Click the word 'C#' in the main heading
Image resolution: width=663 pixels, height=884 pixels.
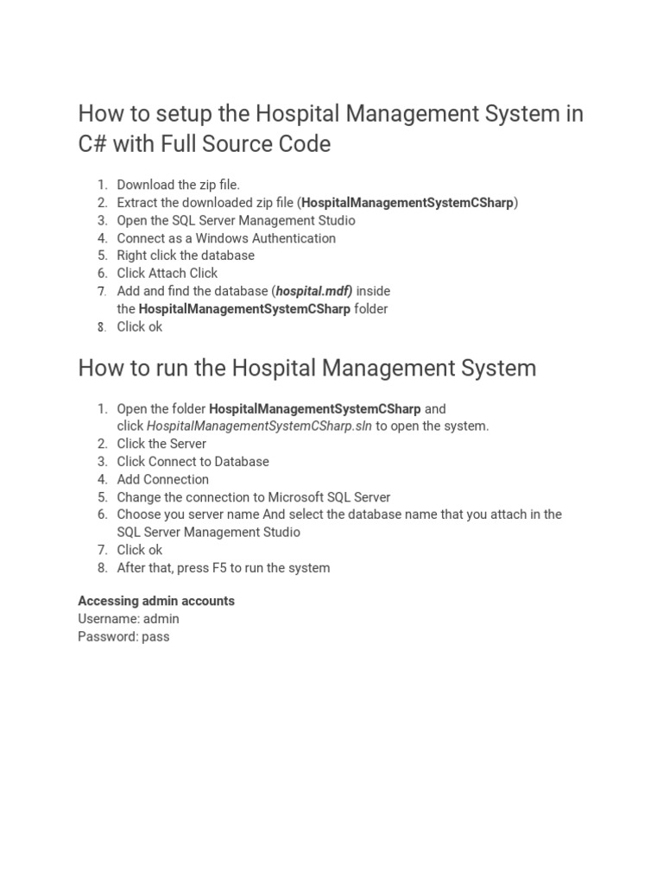click(92, 144)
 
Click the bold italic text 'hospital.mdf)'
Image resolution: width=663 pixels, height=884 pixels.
click(314, 291)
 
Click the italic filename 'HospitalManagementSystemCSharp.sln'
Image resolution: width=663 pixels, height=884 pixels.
click(260, 426)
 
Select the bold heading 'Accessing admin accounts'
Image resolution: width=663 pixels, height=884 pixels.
click(156, 601)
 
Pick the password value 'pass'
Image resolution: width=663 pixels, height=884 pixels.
click(155, 637)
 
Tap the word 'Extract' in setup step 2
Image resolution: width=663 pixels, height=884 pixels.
click(139, 203)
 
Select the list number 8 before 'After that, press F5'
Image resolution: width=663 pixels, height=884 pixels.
click(102, 568)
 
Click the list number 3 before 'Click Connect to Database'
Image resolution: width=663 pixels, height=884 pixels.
click(102, 462)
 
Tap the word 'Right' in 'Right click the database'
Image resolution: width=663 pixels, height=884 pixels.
click(134, 256)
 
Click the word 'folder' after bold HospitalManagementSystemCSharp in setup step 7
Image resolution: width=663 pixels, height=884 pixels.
click(370, 309)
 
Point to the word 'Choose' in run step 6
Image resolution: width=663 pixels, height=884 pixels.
click(140, 515)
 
